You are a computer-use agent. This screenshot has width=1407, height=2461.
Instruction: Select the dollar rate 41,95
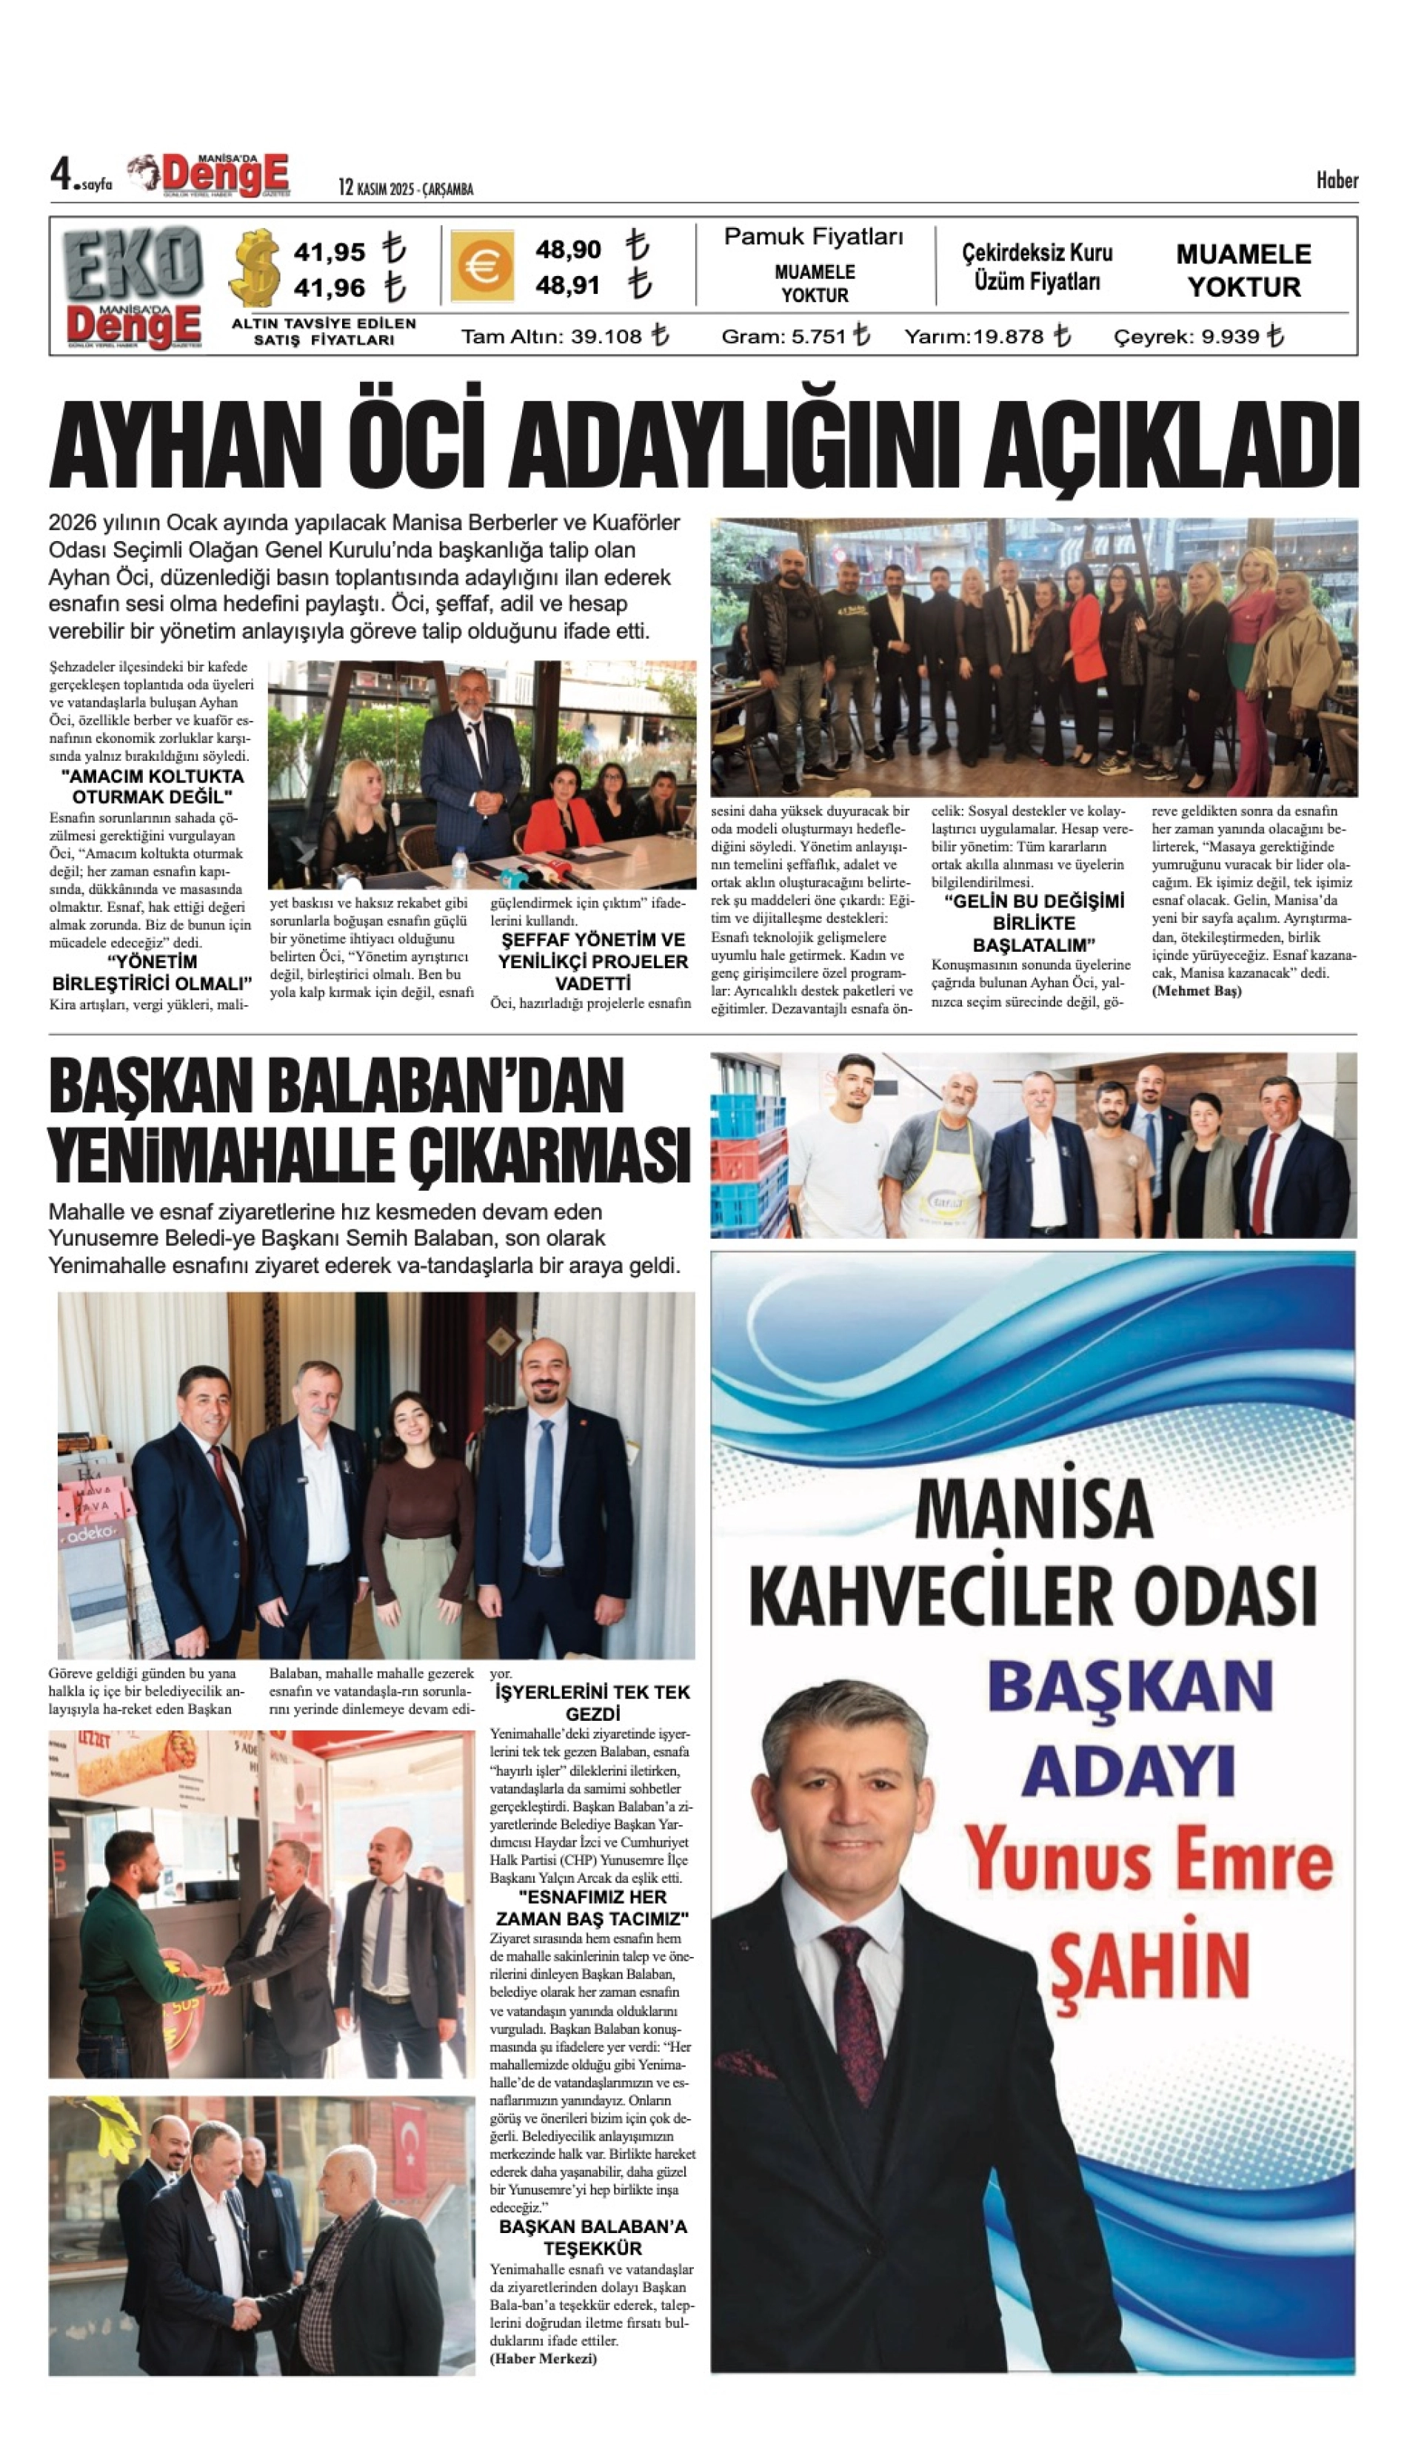click(x=330, y=252)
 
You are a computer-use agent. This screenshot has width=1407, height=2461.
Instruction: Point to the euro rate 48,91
click(x=568, y=286)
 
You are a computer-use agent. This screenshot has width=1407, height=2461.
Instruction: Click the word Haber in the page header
click(x=1337, y=180)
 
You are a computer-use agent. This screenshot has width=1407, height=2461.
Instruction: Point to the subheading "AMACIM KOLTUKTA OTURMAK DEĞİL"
click(x=152, y=786)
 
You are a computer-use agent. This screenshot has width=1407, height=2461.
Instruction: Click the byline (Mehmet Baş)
click(x=1197, y=991)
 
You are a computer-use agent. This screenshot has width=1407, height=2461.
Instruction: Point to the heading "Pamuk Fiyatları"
click(x=814, y=237)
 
